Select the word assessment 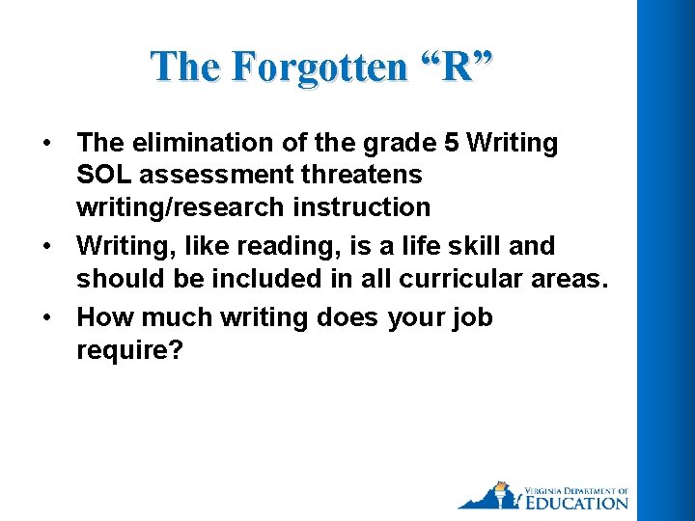[214, 175]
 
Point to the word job [471, 317]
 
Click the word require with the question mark [129, 349]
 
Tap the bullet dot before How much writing [46, 318]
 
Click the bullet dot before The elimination [46, 144]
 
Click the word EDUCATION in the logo [575, 502]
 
